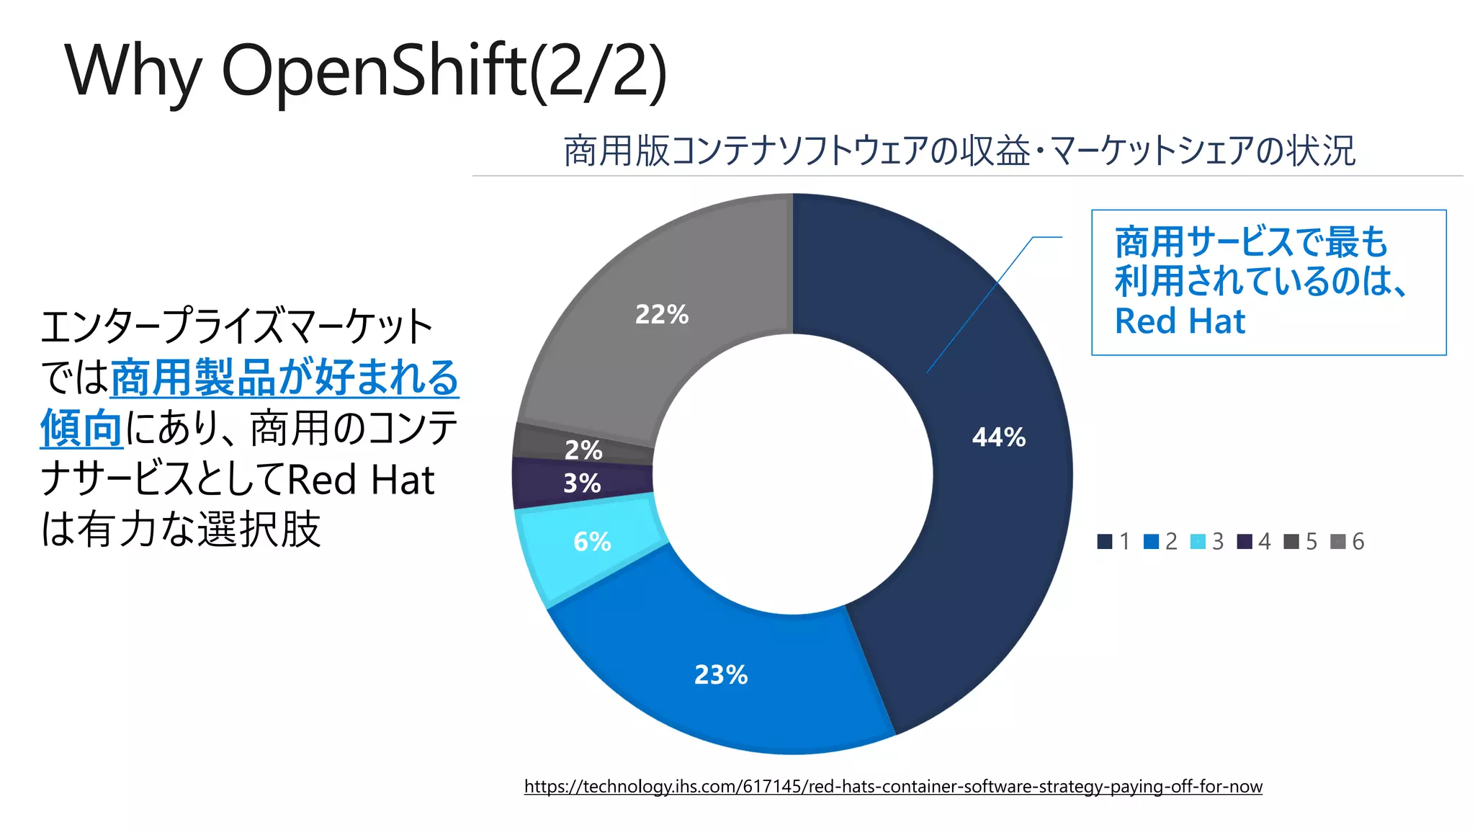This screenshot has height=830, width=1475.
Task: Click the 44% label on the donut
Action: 999,437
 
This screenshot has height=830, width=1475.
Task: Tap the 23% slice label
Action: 721,675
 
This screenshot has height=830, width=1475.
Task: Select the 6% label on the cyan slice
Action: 592,542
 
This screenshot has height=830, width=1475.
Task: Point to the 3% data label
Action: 582,483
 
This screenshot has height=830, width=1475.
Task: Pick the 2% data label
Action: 583,450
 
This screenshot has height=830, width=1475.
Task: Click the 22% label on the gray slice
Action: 662,315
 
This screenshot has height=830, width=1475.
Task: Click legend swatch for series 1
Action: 1105,542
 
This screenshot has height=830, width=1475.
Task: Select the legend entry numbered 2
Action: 1161,542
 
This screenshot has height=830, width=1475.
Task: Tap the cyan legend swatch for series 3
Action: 1198,542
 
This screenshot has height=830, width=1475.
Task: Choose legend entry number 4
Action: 1255,542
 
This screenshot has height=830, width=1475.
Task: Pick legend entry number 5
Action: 1301,542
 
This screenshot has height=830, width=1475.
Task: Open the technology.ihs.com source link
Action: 893,786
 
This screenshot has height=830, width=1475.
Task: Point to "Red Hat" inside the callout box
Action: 1180,321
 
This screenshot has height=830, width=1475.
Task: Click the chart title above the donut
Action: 959,151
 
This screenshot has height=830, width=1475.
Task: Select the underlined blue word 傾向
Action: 81,429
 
